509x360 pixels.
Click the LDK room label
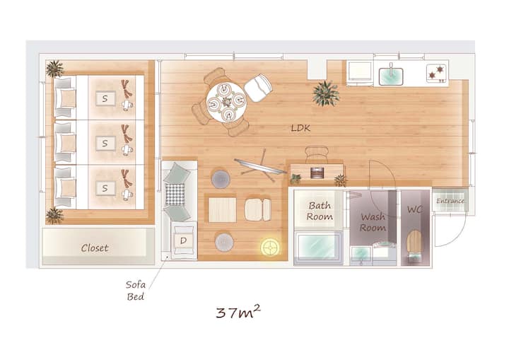click(300, 128)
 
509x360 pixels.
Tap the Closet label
click(95, 248)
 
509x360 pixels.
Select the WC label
click(415, 209)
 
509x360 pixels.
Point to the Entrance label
click(450, 201)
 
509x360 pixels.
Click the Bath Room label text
click(320, 211)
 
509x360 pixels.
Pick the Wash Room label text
click(373, 222)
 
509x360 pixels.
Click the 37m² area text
click(238, 312)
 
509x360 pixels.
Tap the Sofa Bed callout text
click(135, 291)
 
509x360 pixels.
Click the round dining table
click(226, 103)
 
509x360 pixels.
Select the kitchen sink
click(391, 76)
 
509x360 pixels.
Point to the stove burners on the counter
click(436, 73)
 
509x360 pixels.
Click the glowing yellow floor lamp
click(270, 248)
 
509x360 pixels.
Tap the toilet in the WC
click(414, 244)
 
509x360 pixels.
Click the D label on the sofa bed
click(183, 240)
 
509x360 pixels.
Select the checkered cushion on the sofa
click(175, 194)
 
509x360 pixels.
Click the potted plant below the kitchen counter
click(326, 93)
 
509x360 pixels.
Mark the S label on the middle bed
click(105, 144)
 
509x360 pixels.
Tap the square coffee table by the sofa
click(222, 209)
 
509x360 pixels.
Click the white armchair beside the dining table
click(258, 88)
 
